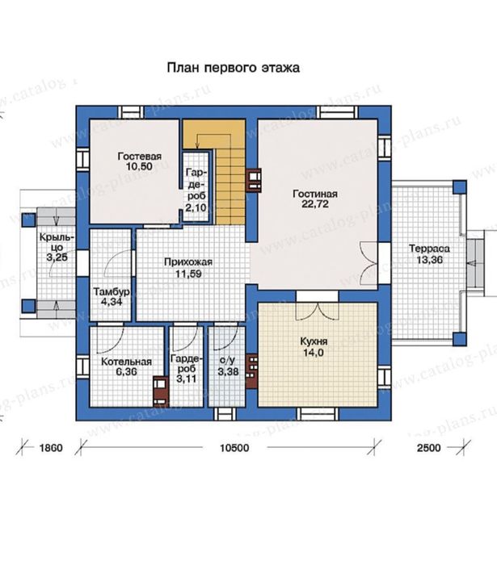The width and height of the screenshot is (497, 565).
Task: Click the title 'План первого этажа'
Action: tap(233, 69)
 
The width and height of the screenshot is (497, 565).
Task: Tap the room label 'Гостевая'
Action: tap(133, 156)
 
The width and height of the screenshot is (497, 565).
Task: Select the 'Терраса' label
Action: tap(428, 249)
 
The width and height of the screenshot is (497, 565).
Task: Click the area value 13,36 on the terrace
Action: tap(428, 260)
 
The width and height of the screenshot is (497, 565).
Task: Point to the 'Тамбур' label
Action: tap(108, 291)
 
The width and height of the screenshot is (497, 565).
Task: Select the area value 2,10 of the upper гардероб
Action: tap(195, 208)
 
